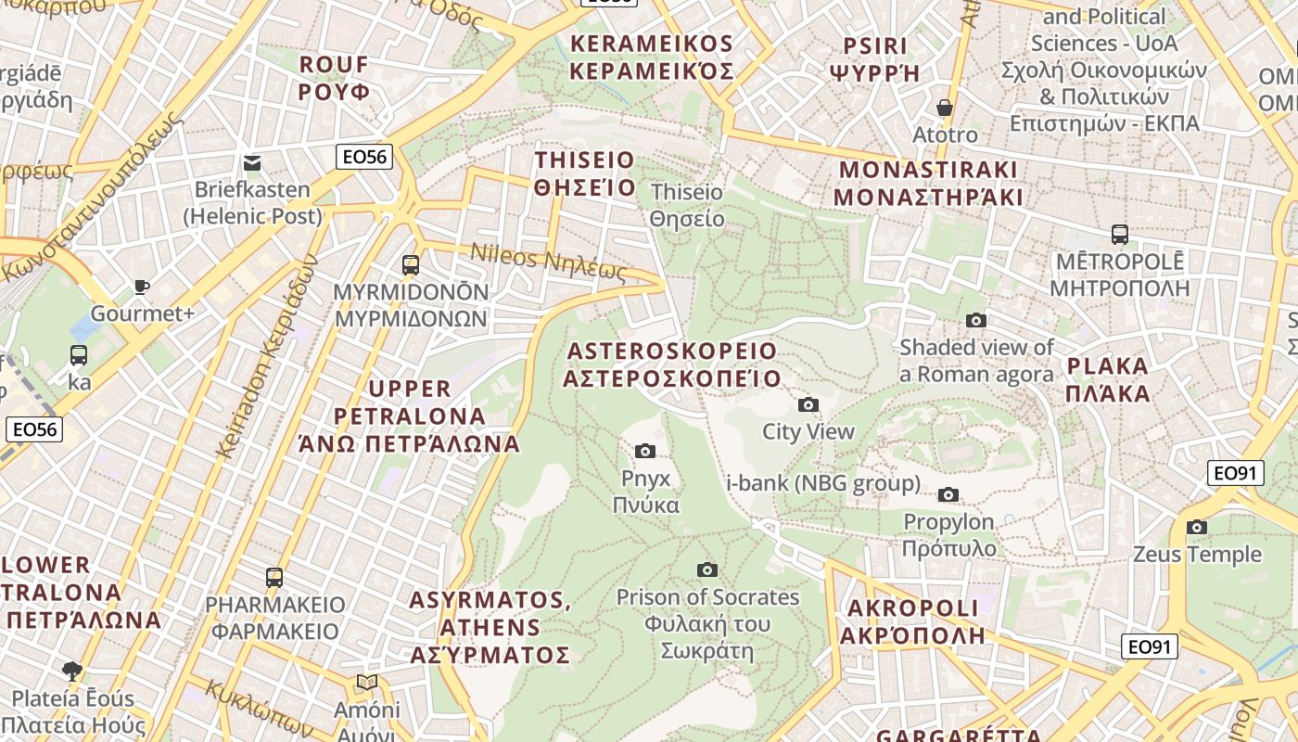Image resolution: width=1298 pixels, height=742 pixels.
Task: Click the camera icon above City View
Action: point(808,404)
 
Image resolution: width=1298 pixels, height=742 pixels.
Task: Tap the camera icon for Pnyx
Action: point(645,451)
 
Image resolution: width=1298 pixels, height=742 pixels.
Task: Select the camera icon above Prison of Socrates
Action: point(707,569)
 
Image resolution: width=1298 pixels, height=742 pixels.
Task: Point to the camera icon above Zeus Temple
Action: point(1197,527)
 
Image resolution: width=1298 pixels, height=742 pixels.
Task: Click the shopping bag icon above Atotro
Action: point(945,108)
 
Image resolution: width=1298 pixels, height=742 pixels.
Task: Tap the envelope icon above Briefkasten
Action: point(252,163)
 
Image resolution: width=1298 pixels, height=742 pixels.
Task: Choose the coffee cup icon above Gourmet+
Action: point(142,287)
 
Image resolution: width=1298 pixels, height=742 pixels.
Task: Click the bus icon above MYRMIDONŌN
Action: point(411,265)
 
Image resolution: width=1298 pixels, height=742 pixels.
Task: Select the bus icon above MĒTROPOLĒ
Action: point(1119,235)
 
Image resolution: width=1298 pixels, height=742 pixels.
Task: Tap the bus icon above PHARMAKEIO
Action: point(274,578)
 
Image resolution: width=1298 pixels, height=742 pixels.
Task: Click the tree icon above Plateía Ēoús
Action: point(72,671)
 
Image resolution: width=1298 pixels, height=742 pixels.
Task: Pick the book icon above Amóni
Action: point(367,683)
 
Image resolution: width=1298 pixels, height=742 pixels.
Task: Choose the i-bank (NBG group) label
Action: point(823,483)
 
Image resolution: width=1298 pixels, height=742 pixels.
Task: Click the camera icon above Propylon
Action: point(948,494)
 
